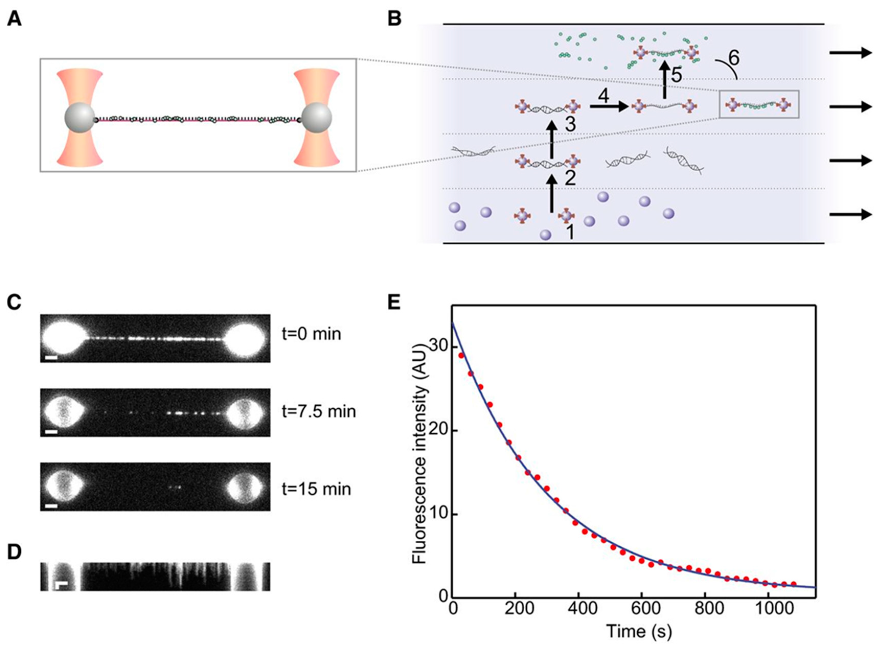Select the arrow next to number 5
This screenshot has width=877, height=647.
click(x=664, y=80)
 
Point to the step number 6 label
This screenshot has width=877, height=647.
click(x=734, y=58)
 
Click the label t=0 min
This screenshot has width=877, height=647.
click(x=311, y=334)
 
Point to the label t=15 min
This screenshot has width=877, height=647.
click(x=316, y=489)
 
